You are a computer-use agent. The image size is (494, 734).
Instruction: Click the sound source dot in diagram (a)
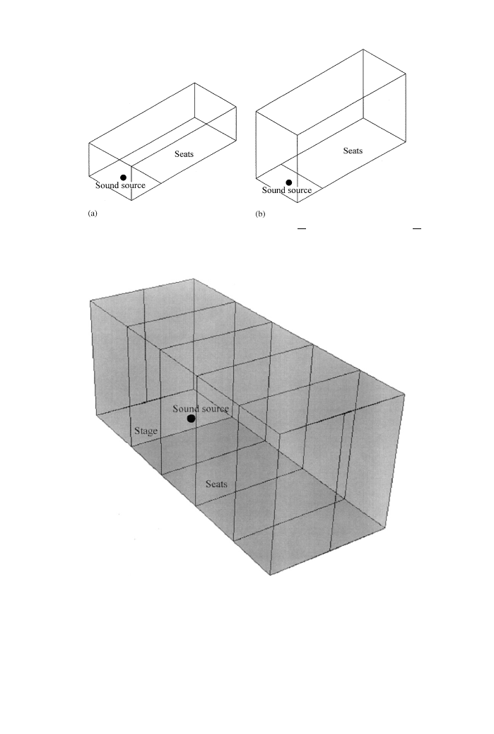123,177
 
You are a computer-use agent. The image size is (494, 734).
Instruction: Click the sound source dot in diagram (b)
288,182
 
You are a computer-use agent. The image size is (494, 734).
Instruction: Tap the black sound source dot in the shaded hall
191,419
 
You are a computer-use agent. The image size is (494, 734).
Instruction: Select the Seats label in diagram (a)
184,154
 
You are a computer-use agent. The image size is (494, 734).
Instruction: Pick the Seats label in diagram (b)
353,151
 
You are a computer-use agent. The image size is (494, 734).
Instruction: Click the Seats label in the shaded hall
216,484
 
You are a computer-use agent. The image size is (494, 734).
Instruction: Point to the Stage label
146,431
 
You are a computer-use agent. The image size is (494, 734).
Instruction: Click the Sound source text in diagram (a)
120,185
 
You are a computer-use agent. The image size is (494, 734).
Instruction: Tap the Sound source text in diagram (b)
287,190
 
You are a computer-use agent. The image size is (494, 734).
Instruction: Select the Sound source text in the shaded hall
201,409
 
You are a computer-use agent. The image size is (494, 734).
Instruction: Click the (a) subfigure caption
93,214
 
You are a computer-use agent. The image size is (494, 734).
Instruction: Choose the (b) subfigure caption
260,214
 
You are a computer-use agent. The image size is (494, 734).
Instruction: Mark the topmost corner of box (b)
363,49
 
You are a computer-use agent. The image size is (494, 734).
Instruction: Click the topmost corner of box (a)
194,83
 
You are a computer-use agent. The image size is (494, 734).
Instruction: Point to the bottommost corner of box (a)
131,200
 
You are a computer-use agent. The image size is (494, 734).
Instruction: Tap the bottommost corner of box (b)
298,203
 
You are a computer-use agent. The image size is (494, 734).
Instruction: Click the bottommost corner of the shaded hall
271,575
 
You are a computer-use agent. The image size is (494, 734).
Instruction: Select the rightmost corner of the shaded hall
405,395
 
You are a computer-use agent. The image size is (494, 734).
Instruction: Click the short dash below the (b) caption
302,228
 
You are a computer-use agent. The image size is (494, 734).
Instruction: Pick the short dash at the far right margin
417,228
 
